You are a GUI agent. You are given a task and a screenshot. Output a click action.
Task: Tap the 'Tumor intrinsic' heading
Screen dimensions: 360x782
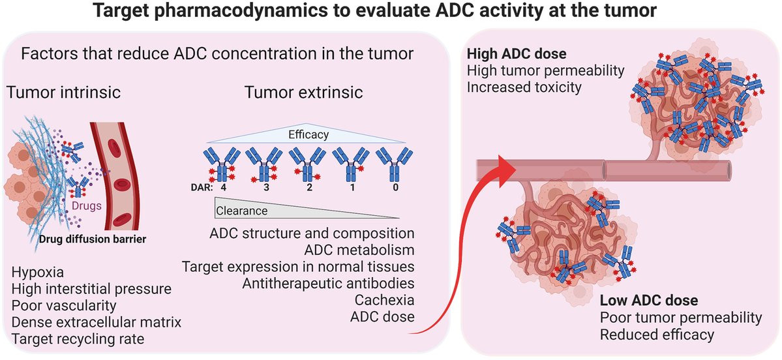click(x=63, y=93)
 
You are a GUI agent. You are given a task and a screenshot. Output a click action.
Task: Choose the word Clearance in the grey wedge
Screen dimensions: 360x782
click(x=242, y=211)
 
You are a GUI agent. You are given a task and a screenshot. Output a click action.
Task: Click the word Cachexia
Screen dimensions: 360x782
click(x=385, y=301)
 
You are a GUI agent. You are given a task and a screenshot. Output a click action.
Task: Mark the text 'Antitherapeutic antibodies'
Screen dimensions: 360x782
click(x=329, y=284)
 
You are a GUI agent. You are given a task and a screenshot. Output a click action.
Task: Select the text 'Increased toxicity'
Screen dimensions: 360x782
click(x=524, y=86)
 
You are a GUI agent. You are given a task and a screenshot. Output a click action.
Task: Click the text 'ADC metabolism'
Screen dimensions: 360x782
click(x=360, y=250)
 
